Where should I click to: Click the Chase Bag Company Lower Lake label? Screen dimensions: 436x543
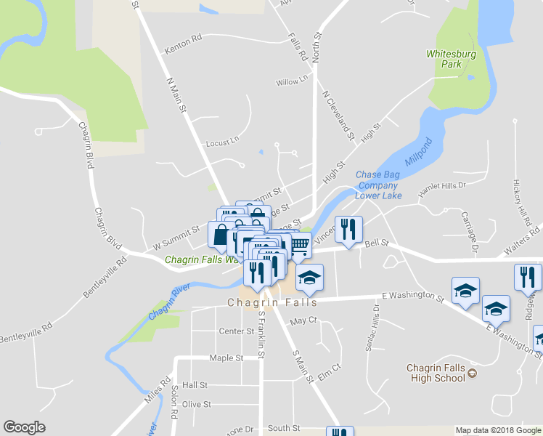pos(378,185)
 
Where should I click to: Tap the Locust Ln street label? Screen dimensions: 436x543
pos(222,142)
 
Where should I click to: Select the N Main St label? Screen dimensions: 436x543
pos(177,95)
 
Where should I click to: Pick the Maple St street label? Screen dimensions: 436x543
pos(226,358)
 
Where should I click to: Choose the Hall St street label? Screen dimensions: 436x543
pos(195,384)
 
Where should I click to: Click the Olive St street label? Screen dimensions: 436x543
pos(196,404)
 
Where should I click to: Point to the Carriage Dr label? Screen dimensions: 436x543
pos(469,233)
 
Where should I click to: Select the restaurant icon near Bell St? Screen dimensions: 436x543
pos(348,229)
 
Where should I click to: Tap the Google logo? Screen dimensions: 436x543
pos(24,427)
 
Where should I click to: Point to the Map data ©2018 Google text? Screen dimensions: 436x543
pos(498,430)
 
